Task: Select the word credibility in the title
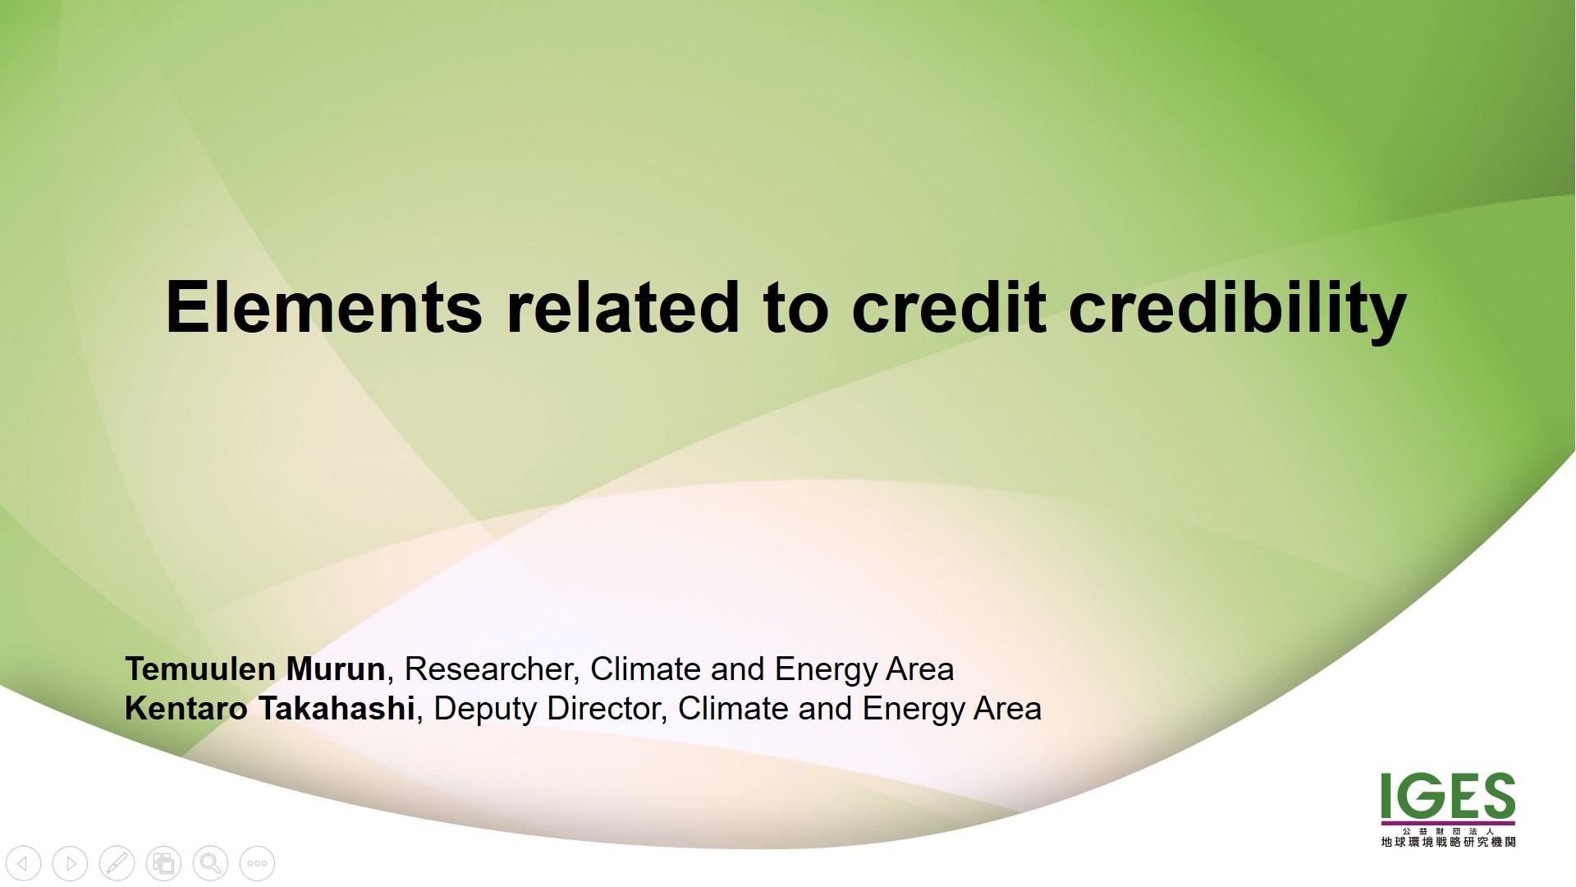point(1238,310)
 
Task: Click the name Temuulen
point(200,669)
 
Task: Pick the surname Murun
point(336,669)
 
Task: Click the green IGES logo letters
point(1448,796)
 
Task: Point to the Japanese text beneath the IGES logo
point(1448,838)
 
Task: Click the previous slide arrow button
point(23,863)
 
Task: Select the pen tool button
point(117,863)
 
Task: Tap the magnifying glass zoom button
point(210,863)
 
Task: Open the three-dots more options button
point(257,863)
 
